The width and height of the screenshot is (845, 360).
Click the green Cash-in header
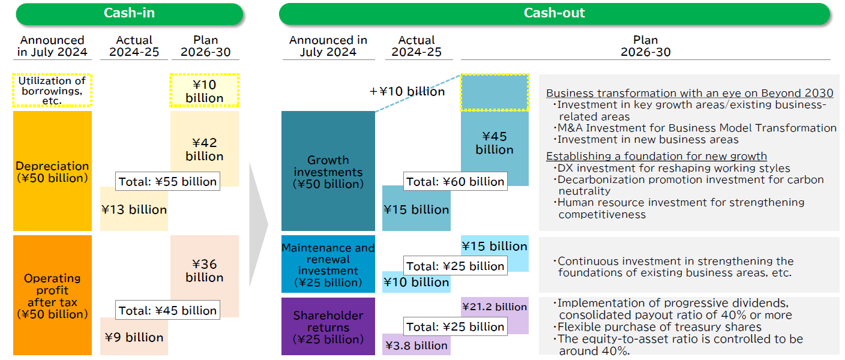tap(129, 14)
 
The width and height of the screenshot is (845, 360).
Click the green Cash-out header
tap(554, 14)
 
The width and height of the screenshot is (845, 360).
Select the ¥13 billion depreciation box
tap(134, 209)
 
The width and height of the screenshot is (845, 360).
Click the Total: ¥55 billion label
tap(167, 181)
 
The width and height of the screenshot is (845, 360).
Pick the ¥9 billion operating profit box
tap(134, 337)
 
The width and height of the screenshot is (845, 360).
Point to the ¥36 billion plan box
tap(205, 270)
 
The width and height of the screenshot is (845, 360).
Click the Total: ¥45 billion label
tap(167, 310)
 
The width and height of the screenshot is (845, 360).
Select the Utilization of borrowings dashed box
tap(52, 90)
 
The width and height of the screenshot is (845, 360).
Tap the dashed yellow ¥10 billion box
tap(205, 91)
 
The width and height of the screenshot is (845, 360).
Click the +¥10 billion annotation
tap(407, 91)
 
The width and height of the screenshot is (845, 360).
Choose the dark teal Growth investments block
tap(328, 171)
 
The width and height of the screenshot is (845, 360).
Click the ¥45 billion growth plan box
tap(495, 143)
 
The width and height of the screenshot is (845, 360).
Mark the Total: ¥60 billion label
tap(455, 181)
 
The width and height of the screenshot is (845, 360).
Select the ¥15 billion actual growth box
tap(416, 209)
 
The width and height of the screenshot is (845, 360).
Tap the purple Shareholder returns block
tap(328, 327)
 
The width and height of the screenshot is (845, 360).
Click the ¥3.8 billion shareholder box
tap(416, 345)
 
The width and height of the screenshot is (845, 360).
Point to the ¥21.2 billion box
tap(495, 307)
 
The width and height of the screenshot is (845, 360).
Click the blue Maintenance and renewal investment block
tap(328, 264)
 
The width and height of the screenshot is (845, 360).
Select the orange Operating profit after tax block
tap(52, 295)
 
